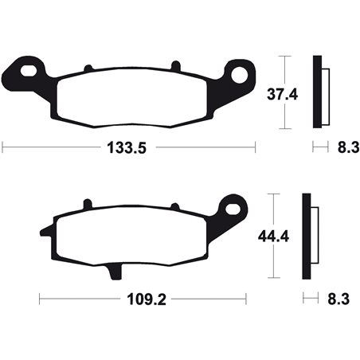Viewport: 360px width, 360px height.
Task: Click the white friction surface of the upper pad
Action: tap(132, 100)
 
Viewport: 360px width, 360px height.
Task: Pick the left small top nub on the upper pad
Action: tap(89, 67)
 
